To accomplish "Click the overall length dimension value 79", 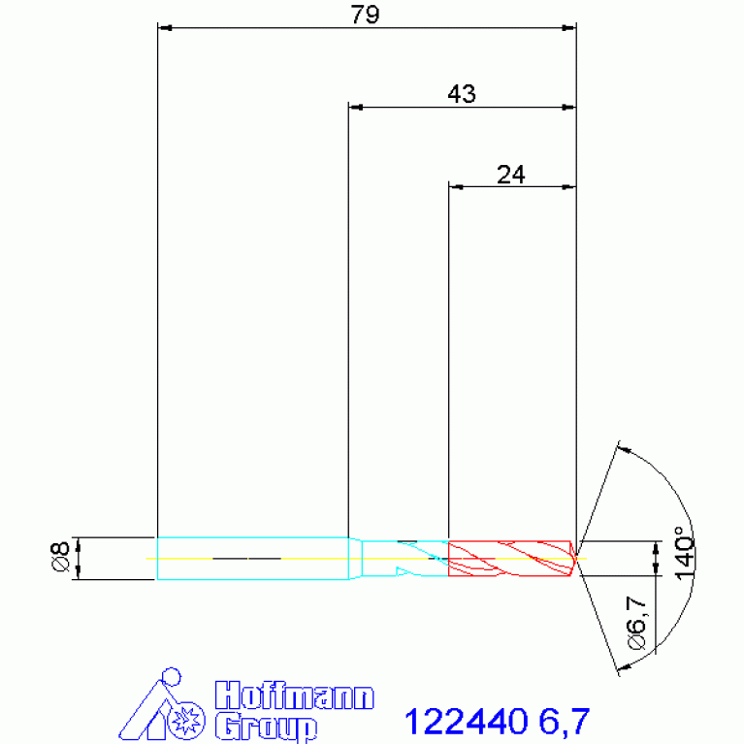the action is [x=365, y=15].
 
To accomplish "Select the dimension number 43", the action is [x=462, y=94].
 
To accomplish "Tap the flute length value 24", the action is [x=511, y=175].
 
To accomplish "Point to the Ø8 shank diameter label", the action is [x=60, y=557].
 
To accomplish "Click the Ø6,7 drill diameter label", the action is [x=636, y=623].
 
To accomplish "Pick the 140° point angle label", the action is [x=685, y=553].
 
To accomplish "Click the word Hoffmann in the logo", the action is [x=294, y=695].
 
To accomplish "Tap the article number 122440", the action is [x=466, y=722].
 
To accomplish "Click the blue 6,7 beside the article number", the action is [x=565, y=722].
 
